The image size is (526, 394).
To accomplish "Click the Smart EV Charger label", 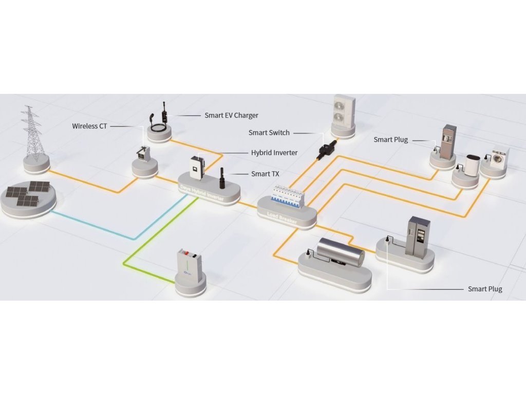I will click(231, 115).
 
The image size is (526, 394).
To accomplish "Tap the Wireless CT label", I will click(89, 126).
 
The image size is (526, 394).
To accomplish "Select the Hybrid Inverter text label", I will click(274, 152).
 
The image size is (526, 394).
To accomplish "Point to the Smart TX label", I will click(265, 174).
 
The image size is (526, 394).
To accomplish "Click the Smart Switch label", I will click(269, 133).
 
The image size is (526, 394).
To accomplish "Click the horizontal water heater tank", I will click(340, 252).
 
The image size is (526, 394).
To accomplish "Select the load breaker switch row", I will click(285, 197).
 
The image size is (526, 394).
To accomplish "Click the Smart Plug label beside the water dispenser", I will click(390, 140).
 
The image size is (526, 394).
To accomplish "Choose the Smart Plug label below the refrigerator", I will click(485, 289).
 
